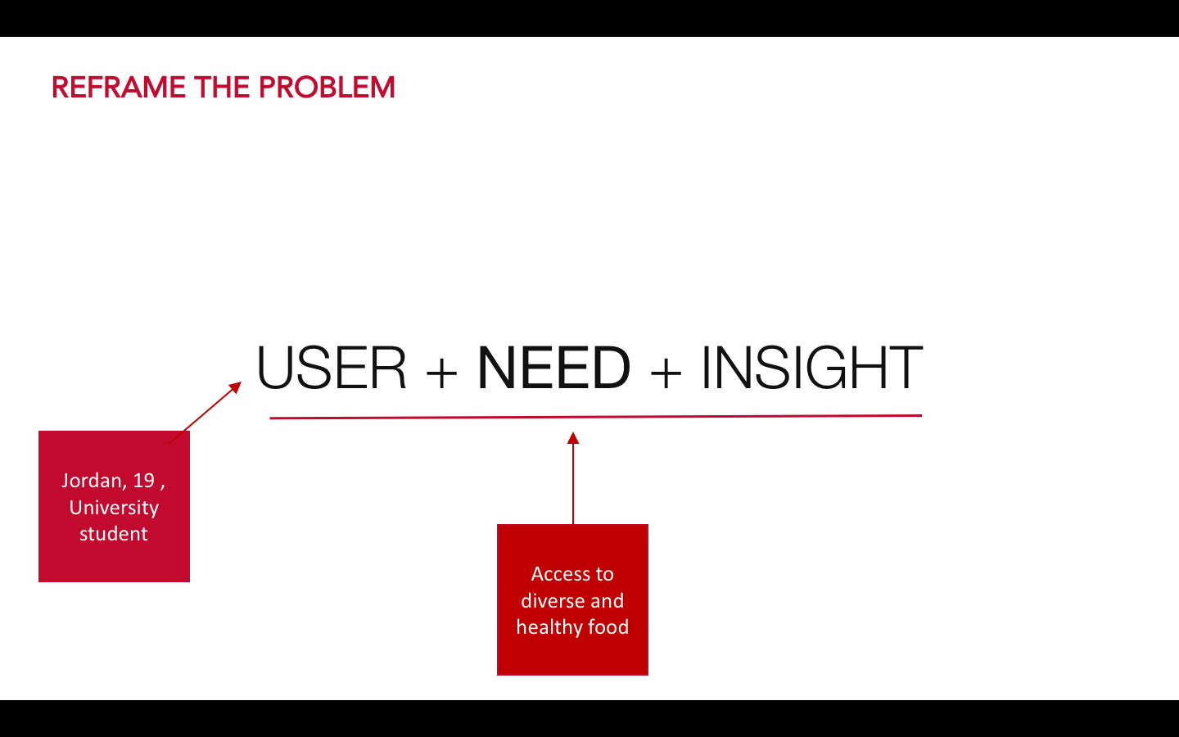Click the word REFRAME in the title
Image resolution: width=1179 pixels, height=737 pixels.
[119, 88]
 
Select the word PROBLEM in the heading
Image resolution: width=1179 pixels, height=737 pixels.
[327, 88]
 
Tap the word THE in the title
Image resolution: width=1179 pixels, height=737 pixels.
[222, 88]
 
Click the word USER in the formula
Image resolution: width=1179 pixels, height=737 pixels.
[331, 368]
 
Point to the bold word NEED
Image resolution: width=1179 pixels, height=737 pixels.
[553, 368]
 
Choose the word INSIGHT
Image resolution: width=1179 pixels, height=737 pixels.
[812, 368]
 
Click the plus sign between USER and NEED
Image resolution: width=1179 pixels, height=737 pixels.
[441, 372]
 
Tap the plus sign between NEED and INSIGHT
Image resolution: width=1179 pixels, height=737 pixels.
[666, 372]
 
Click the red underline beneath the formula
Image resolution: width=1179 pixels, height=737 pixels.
[596, 417]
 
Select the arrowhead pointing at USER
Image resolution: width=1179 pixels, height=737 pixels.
[236, 387]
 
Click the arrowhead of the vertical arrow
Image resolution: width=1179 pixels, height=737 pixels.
[573, 437]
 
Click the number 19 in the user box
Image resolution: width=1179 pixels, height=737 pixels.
[144, 480]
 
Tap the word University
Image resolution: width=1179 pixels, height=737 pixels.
[114, 508]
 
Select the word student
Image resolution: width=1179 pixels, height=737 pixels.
[114, 534]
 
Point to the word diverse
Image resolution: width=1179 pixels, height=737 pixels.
[552, 601]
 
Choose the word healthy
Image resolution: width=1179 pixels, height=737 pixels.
[549, 627]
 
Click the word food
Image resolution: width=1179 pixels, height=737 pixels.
[608, 627]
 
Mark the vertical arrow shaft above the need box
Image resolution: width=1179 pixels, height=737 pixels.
[573, 484]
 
